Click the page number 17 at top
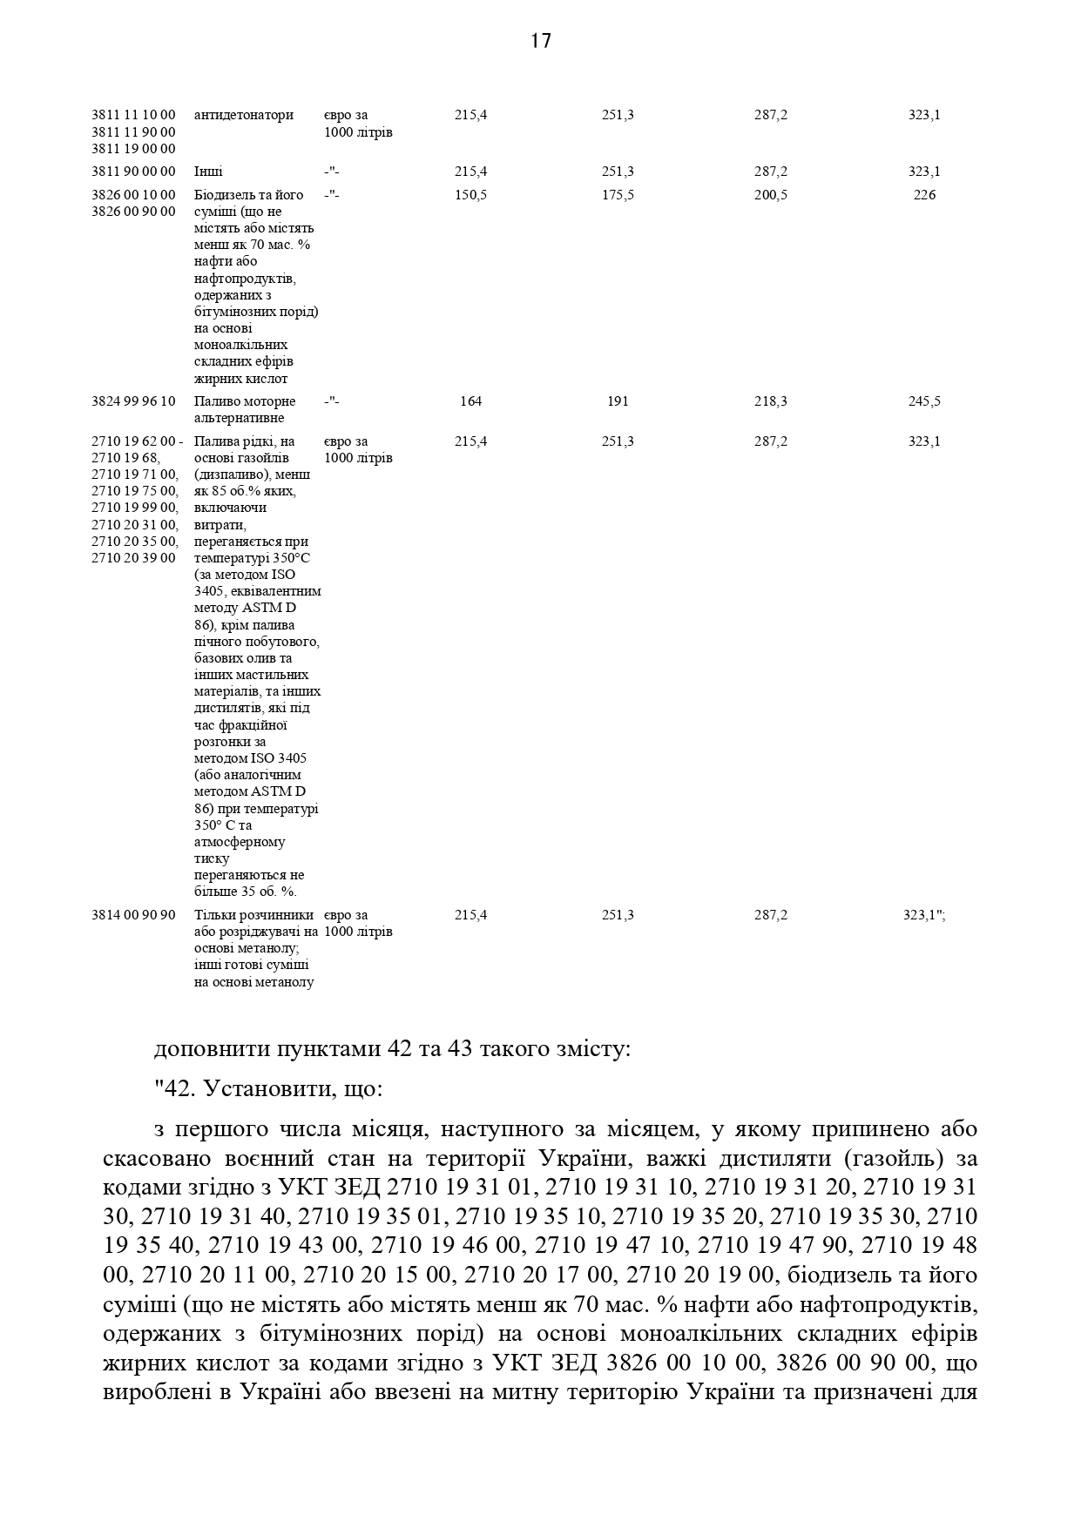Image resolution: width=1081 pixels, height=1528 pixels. coord(540,41)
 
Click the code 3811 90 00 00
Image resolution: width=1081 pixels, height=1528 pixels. coord(133,172)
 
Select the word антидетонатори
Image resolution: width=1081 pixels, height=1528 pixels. coord(244,115)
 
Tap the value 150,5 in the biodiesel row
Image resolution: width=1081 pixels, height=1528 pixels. coord(470,195)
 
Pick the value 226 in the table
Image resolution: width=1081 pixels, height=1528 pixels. coord(924,195)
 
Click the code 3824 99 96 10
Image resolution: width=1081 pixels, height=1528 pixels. coord(133,401)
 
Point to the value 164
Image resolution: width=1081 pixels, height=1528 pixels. coord(470,401)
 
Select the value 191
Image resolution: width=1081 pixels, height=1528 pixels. coord(618,401)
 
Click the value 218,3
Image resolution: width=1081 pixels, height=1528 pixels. coord(771,401)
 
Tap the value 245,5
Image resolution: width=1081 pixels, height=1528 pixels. coord(924,401)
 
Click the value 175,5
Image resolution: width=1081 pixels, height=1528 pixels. coord(618,195)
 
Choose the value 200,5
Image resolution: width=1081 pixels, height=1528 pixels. coord(771,195)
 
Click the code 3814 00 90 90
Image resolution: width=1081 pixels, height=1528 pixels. coord(133,915)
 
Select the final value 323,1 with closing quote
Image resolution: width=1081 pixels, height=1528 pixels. coord(924,915)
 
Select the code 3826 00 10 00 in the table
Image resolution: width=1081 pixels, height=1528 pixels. coord(133,195)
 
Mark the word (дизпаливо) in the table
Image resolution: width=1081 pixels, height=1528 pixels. coord(228,475)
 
